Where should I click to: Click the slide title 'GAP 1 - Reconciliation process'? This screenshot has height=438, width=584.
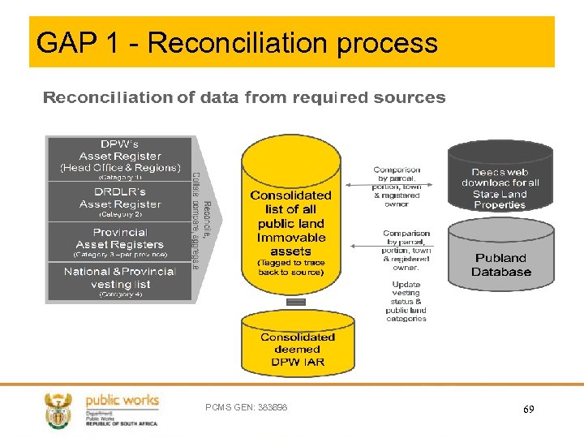[237, 42]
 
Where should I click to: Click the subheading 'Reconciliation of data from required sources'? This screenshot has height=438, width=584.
[243, 98]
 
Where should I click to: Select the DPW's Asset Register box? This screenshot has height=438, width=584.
[120, 159]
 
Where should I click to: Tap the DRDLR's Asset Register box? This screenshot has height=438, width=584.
[120, 202]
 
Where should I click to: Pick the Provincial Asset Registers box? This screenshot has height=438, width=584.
[120, 242]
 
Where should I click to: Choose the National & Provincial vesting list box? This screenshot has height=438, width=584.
[120, 281]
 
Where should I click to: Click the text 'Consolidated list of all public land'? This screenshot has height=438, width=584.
[290, 208]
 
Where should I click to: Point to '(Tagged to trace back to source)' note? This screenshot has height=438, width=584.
[290, 267]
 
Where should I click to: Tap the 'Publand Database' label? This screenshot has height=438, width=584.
[500, 264]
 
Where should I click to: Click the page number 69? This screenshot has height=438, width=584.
[528, 410]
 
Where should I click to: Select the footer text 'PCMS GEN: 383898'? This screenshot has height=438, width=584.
[247, 407]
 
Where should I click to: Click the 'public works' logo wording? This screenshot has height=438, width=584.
[122, 401]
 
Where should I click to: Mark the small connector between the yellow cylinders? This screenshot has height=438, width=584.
[297, 302]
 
